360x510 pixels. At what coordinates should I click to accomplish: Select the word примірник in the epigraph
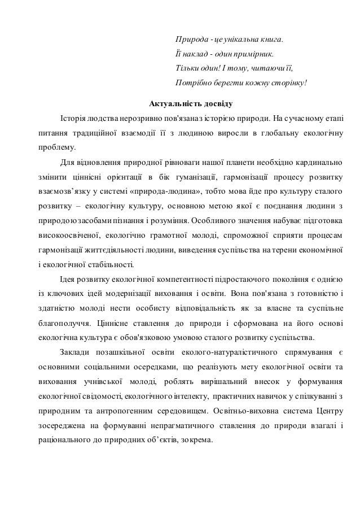[x=253, y=55]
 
